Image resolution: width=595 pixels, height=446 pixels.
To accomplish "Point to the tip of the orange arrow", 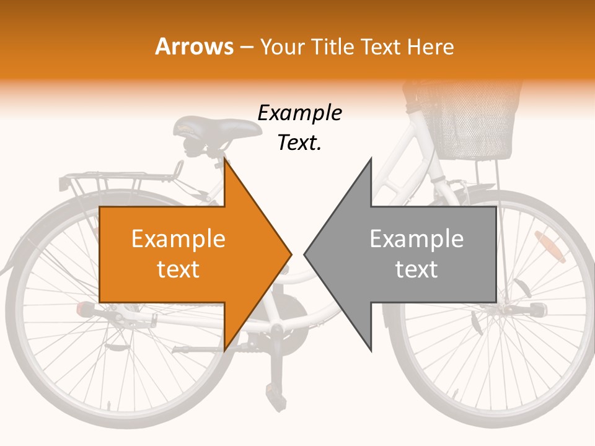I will [x=291, y=254].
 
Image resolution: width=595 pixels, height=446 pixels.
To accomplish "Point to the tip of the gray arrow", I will [x=304, y=254].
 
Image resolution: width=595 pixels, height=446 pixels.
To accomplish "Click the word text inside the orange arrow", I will [x=178, y=269].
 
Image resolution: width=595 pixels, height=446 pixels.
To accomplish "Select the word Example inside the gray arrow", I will [x=416, y=239].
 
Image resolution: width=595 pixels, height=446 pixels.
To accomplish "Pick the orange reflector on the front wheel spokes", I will [x=550, y=247].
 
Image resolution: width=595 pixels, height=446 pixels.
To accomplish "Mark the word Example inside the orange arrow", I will [x=178, y=239].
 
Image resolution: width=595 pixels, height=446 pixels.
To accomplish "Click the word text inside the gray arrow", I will [x=416, y=269].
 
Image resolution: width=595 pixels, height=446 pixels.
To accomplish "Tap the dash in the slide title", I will [x=247, y=47].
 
